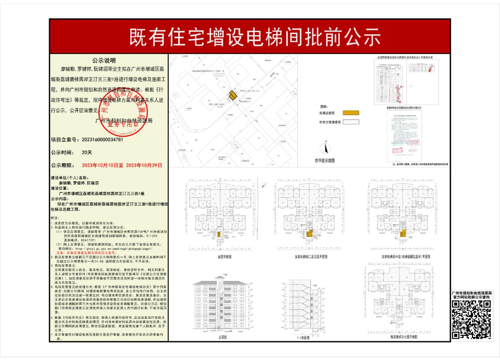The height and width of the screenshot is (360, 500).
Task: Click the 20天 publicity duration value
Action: coord(87,152)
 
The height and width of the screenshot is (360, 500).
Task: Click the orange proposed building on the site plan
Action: coord(233,96)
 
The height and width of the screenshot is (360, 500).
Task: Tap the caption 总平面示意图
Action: coord(324,160)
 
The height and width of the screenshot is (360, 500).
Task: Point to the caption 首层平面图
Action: coord(224,256)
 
